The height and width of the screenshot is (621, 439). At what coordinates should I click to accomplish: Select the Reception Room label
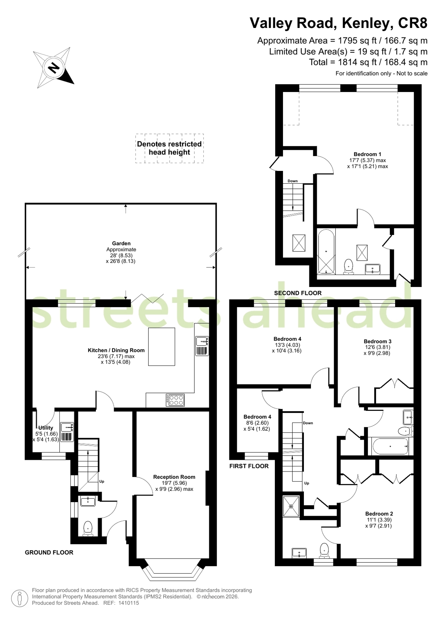pos(174,477)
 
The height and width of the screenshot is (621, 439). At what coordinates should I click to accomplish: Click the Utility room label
pos(46,428)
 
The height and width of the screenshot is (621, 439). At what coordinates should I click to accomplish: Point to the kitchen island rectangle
pos(161,346)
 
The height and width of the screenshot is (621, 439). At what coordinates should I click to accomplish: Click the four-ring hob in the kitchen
pos(175,400)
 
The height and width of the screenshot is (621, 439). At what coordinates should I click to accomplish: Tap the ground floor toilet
pos(88,529)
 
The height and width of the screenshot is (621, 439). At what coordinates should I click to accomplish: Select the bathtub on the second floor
pos(326,251)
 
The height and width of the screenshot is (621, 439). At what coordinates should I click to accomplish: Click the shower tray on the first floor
pos(291,506)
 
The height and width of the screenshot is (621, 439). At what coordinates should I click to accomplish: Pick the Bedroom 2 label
pos(379,514)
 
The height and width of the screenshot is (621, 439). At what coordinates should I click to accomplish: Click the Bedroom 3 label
pos(377,341)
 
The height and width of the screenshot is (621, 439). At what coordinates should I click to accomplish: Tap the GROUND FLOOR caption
pos(49,552)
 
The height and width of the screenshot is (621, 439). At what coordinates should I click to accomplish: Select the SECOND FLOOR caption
pos(298,293)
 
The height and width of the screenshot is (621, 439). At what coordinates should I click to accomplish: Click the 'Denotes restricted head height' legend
pos(169,148)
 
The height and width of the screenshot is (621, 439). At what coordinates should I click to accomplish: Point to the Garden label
pos(121,243)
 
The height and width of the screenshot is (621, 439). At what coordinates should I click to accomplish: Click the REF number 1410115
pos(128,603)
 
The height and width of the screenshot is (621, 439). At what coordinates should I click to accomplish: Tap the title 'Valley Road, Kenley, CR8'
pos(338,23)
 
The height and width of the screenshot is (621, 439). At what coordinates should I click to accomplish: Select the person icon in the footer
pos(20,598)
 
